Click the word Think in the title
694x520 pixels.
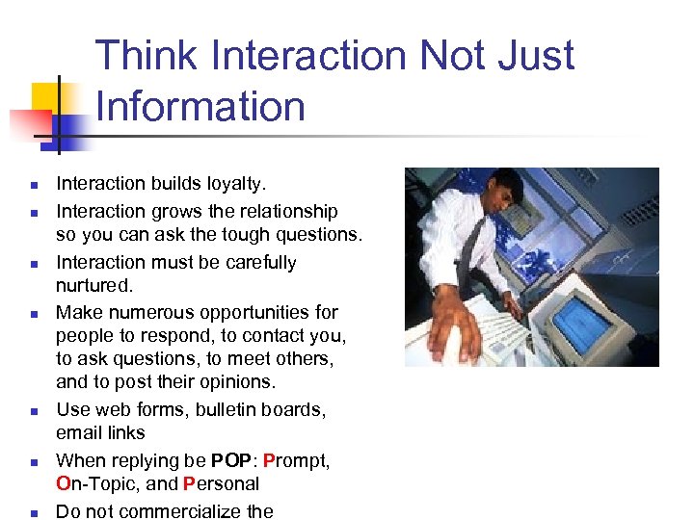(x=148, y=56)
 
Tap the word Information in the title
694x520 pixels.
(x=200, y=106)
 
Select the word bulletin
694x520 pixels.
(x=234, y=409)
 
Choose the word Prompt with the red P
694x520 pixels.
(x=296, y=460)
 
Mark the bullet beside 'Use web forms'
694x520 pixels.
(x=33, y=411)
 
